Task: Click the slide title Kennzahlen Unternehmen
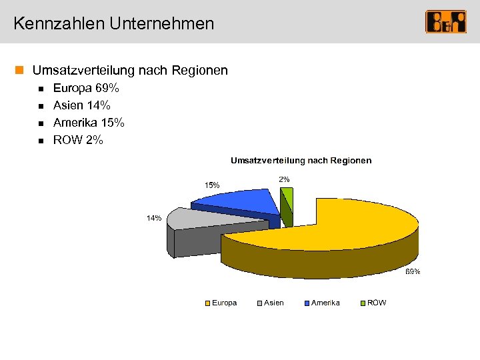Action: tap(113, 24)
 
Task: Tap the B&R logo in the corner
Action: tap(446, 22)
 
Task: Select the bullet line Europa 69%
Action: tap(86, 88)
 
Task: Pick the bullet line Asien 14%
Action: tap(81, 105)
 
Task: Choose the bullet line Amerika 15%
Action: tap(89, 123)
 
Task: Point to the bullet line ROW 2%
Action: tap(78, 140)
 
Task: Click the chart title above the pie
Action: tap(301, 161)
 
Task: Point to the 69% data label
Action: tap(413, 271)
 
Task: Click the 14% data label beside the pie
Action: tap(154, 218)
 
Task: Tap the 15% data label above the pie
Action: tap(212, 185)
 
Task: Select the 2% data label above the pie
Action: tap(284, 179)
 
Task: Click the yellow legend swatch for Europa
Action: tap(208, 303)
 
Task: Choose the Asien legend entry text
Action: tap(273, 303)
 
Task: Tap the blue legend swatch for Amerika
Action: tap(306, 303)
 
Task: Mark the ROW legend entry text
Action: tap(377, 303)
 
